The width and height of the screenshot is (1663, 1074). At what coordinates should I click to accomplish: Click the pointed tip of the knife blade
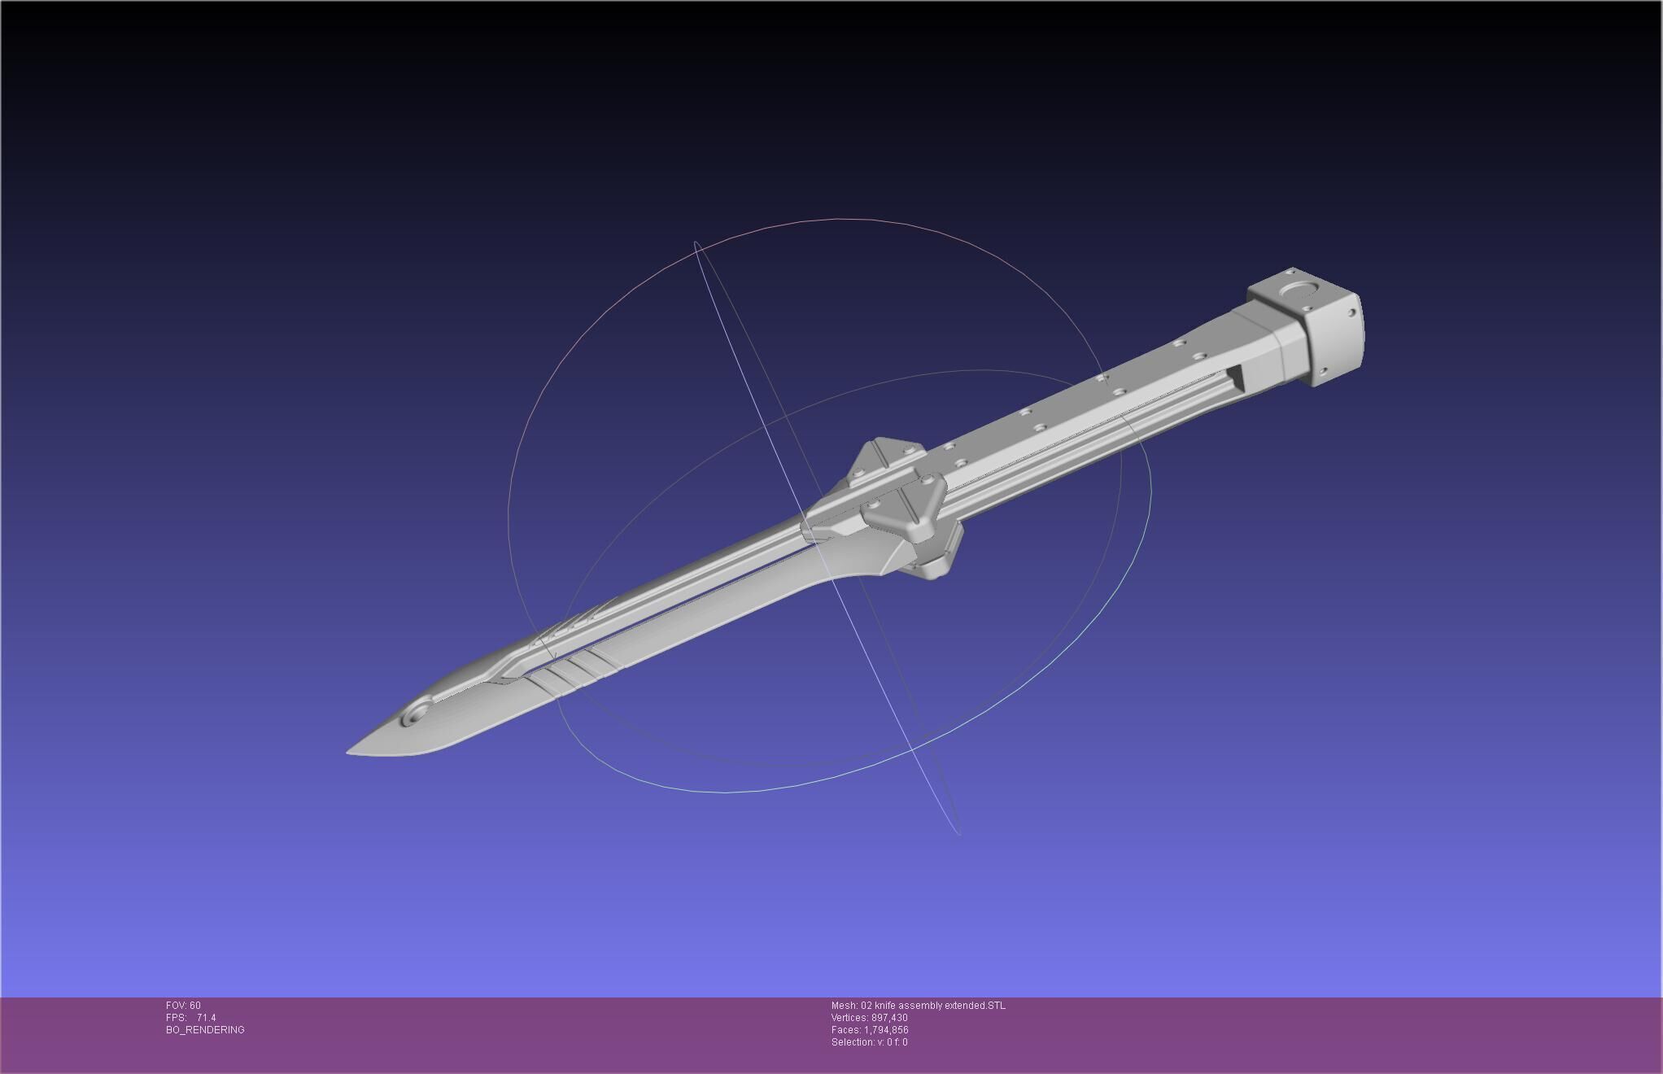tap(350, 751)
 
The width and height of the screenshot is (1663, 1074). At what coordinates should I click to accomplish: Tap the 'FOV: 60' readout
tap(183, 1006)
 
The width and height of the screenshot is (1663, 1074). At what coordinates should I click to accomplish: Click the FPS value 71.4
tap(206, 1018)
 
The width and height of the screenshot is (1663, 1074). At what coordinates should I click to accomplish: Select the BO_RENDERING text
tap(205, 1030)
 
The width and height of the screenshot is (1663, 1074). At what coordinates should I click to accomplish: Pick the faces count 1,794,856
tap(886, 1030)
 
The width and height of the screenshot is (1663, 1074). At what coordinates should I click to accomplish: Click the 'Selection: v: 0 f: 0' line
tap(869, 1042)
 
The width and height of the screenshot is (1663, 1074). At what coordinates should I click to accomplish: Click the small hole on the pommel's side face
tap(1352, 312)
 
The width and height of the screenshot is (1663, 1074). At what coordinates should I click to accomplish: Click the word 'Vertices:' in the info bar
tap(849, 1018)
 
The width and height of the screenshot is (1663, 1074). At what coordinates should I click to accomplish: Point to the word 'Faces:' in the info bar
tap(845, 1030)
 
